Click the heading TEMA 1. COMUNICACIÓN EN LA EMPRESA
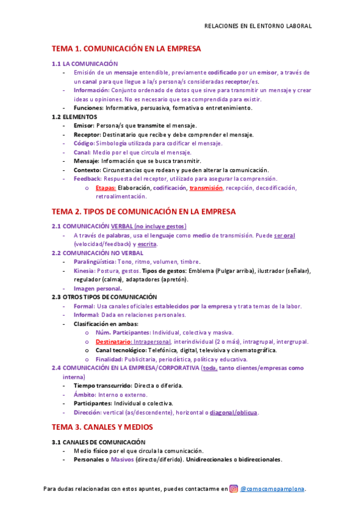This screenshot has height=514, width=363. click(125, 48)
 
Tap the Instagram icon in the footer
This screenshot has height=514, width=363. click(234, 489)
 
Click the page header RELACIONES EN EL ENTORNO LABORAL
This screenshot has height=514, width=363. click(258, 26)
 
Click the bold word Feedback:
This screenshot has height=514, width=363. click(87, 179)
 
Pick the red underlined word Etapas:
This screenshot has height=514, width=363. click(106, 188)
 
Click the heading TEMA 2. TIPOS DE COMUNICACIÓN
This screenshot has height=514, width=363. click(142, 212)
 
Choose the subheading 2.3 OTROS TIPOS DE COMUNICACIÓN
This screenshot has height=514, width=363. click(104, 297)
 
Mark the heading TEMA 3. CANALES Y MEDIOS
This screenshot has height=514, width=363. click(102, 427)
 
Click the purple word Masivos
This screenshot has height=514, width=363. click(122, 459)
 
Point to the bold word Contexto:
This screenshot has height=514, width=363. click(88, 170)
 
